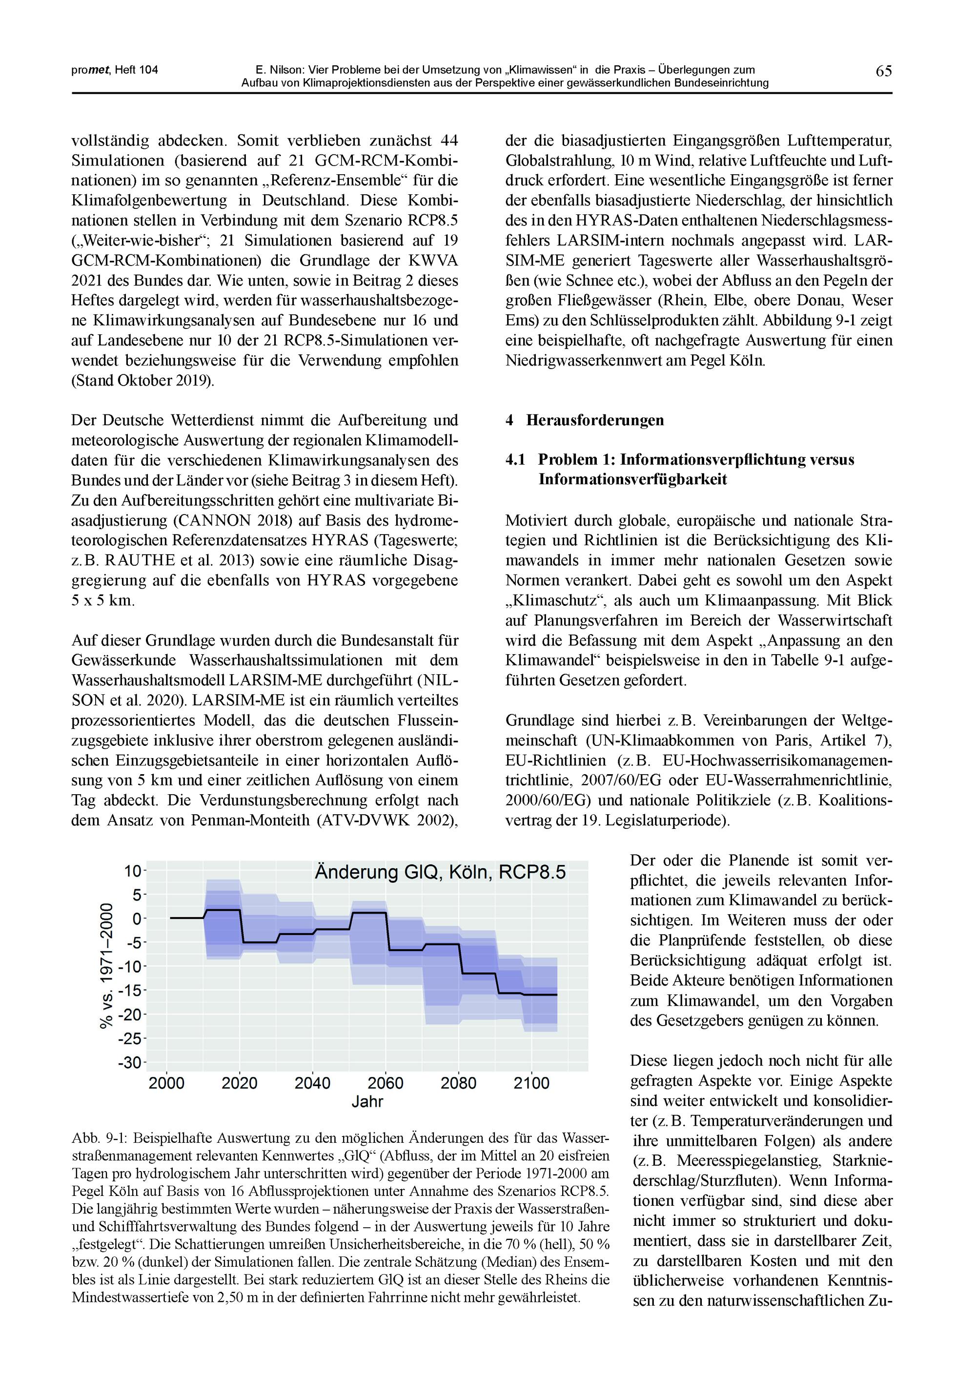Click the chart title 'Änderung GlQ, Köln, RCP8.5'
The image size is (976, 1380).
(440, 872)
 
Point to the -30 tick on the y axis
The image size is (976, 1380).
(132, 1062)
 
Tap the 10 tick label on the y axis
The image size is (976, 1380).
(133, 871)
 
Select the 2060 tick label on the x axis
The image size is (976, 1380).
(385, 1083)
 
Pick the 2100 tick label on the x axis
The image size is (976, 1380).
(531, 1083)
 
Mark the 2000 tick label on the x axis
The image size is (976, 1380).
(166, 1083)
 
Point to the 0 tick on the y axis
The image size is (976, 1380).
(137, 918)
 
